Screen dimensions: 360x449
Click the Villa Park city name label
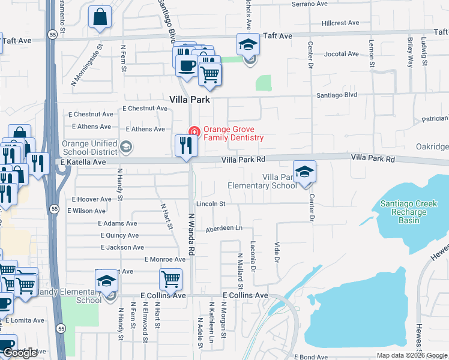tap(190, 100)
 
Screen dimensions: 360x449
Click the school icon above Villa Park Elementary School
tap(305, 172)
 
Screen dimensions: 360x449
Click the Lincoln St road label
tap(210, 204)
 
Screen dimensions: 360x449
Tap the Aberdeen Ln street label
tap(224, 228)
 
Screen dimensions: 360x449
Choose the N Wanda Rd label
tap(192, 234)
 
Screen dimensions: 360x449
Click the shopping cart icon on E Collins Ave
tap(171, 280)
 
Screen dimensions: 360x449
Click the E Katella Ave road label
tap(83, 162)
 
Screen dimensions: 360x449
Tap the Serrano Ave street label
tap(310, 4)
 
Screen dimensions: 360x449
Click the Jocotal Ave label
tap(342, 54)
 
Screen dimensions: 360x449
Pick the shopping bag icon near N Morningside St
tap(101, 17)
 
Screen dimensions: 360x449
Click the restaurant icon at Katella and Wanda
tap(186, 146)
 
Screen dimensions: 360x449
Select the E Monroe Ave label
tap(165, 259)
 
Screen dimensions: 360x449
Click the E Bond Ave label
tap(311, 356)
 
